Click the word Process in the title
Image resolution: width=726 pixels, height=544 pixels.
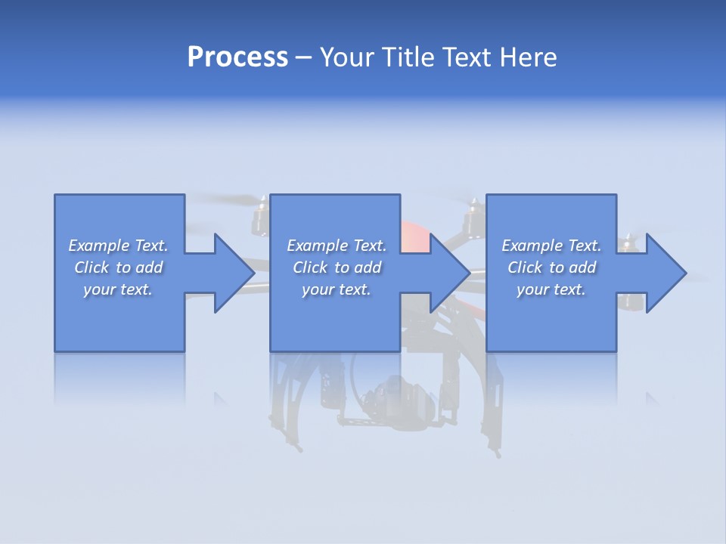[237, 57]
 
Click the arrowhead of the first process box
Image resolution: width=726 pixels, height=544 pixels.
[233, 273]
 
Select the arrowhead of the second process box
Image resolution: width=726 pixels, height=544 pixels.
[449, 273]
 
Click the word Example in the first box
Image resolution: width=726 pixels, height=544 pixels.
[99, 246]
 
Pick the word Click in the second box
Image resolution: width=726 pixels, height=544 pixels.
[309, 267]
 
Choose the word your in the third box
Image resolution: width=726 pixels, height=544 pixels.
[532, 289]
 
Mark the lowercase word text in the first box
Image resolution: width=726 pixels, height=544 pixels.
[136, 289]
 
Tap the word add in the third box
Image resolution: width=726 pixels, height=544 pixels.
[583, 267]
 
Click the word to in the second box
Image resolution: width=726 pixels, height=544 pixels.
[342, 267]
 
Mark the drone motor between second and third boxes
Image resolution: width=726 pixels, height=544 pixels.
[474, 218]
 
